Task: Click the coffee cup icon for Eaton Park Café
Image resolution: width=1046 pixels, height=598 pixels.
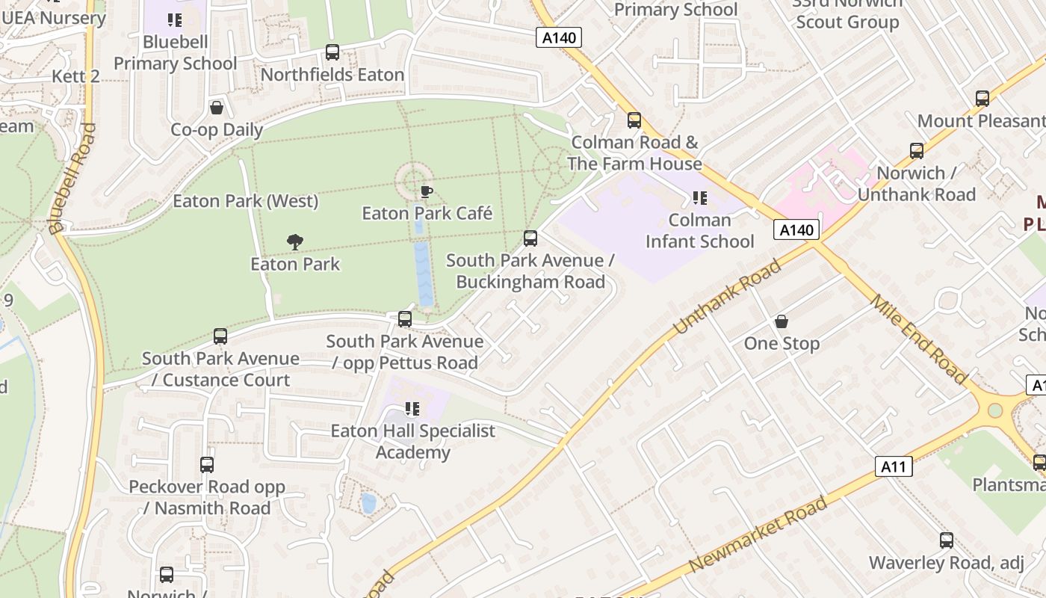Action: [426, 191]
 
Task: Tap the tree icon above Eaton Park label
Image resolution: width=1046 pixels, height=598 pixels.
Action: [295, 241]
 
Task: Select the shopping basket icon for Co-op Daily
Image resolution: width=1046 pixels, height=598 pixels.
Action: [217, 108]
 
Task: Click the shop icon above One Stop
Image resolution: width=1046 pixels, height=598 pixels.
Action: [782, 321]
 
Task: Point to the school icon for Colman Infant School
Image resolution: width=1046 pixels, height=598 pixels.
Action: [700, 198]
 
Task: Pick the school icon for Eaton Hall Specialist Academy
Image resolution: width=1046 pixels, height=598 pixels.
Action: [412, 409]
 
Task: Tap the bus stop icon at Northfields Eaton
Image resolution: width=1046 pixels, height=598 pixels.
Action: [332, 52]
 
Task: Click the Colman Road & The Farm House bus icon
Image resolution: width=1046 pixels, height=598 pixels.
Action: [634, 120]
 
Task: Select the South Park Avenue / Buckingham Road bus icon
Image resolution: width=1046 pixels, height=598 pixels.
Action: [530, 238]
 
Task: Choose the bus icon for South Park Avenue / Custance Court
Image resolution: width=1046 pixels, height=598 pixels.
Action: [220, 336]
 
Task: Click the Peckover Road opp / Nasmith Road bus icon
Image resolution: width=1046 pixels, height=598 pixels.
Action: [207, 465]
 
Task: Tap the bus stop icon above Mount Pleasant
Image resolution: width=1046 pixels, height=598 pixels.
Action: [982, 99]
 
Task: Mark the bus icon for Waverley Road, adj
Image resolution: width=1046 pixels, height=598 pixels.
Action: [947, 540]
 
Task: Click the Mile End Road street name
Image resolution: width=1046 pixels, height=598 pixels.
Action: [919, 339]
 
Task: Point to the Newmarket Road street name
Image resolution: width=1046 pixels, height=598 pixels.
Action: [758, 534]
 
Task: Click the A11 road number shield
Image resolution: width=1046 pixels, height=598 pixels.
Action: [893, 467]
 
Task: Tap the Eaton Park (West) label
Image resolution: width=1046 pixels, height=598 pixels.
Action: [246, 201]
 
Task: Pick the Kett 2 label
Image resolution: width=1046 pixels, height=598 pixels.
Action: [75, 76]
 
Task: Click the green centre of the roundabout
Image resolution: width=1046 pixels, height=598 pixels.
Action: [994, 410]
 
